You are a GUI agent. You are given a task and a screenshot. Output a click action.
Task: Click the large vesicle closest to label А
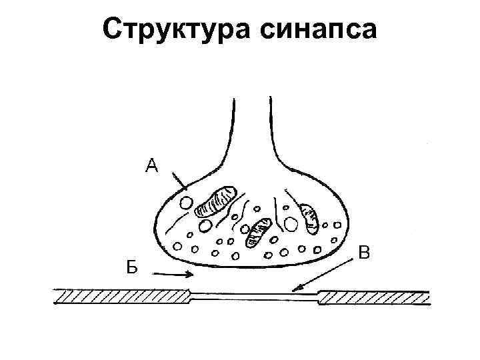(x=189, y=200)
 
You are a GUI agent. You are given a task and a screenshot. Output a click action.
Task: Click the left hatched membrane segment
(x=120, y=295)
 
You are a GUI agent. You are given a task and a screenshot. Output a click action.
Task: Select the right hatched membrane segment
(x=373, y=295)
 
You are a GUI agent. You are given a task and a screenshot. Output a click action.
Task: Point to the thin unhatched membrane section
(x=253, y=297)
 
